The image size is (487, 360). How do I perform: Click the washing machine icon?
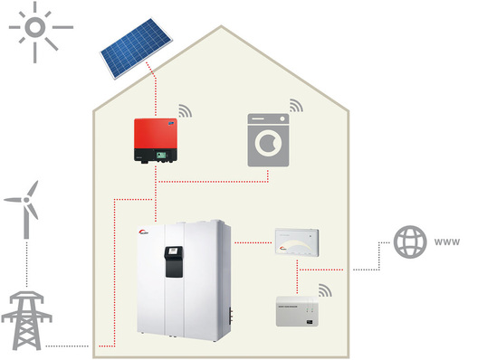(x=272, y=140)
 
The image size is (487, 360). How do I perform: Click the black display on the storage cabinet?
(x=171, y=261)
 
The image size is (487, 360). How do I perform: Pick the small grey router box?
(x=302, y=311)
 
